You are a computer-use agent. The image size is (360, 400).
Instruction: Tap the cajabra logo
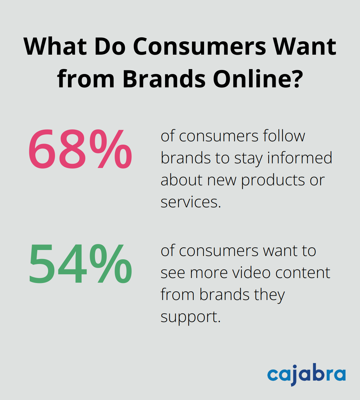306,375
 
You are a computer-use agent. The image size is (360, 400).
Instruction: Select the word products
273,180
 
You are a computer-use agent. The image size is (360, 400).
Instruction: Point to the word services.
191,202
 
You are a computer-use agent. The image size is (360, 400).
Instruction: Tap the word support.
191,317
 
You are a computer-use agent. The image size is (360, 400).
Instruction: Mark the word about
182,180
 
